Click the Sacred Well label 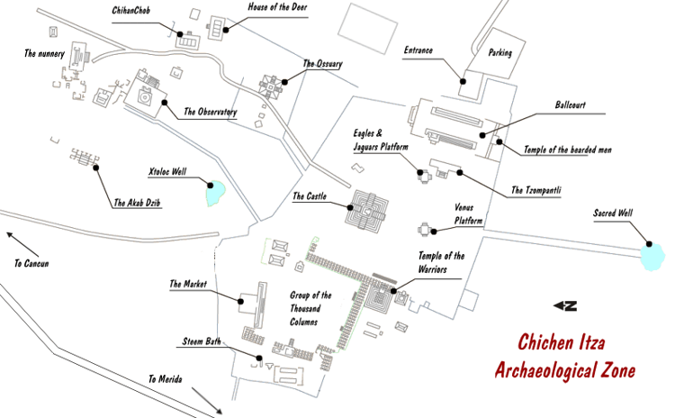(x=613, y=214)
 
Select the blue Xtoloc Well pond (x=216, y=193)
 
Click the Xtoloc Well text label (x=166, y=169)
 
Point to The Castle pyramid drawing (x=370, y=211)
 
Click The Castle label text (x=310, y=196)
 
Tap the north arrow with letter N (x=565, y=306)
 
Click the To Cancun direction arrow (x=22, y=243)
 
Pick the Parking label (x=499, y=53)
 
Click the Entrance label (x=420, y=51)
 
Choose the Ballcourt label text (x=571, y=105)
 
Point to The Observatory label (x=210, y=113)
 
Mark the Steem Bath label (x=200, y=342)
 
